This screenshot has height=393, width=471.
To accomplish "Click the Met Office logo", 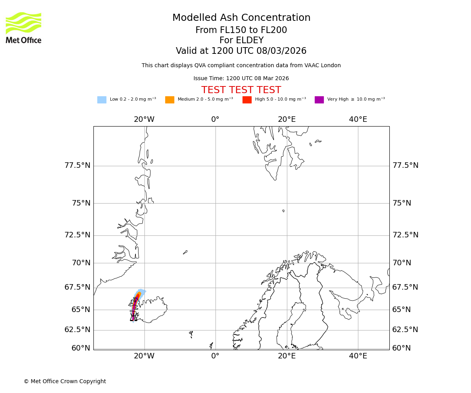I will pos(24,28).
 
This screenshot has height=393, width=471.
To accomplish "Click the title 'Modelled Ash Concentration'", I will pos(241,18).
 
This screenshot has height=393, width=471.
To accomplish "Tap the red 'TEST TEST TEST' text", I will pos(241,90).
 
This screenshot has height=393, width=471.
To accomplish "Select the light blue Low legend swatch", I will pos(102,100).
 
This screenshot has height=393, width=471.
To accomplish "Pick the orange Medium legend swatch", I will pos(170,100).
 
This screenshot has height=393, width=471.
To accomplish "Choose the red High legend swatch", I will pos(247,100).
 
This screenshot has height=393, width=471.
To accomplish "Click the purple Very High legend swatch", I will pos(319,100).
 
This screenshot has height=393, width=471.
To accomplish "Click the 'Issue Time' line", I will pos(241,79).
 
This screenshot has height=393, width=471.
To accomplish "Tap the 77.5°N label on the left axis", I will pos(77,165).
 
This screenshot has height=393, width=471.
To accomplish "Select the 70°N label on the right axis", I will pos(402,263).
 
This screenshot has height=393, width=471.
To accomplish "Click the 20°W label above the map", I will pos(144,119).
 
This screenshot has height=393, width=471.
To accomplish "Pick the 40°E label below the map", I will pos(358,356).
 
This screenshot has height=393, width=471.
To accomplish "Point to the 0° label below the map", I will pos(215,356).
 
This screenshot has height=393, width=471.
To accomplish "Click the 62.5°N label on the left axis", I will pos(77,330).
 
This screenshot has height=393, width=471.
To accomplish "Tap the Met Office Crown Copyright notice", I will pos(65,382).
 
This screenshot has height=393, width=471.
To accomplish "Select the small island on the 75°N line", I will pos(283,211).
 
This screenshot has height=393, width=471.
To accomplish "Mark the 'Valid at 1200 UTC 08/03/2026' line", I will pos(241,51).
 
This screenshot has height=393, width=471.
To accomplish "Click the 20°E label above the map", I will pos(287,119).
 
